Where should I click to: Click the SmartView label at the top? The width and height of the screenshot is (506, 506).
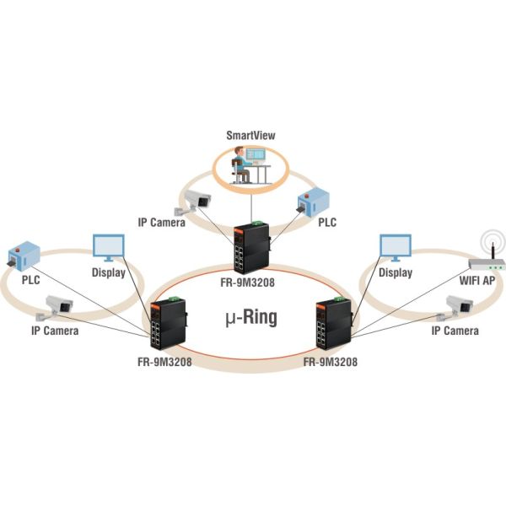(x=250, y=135)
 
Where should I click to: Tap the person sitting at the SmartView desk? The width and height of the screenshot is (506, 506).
(x=239, y=163)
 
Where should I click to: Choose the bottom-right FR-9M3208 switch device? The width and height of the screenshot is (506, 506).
(x=334, y=325)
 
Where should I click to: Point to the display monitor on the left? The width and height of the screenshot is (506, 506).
(x=108, y=249)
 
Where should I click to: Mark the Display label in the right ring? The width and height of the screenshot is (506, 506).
(x=396, y=273)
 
